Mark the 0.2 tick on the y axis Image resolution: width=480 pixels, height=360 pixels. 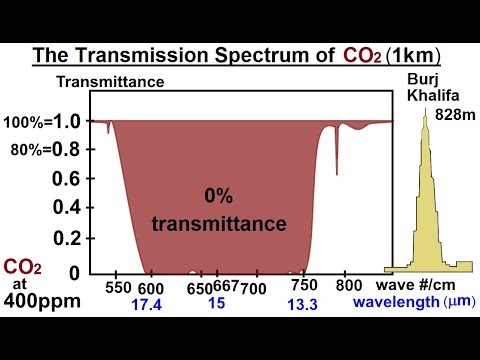click(x=66, y=239)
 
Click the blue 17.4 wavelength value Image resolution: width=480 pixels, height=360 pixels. click(x=151, y=304)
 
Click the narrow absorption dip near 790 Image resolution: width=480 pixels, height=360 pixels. click(x=336, y=150)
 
